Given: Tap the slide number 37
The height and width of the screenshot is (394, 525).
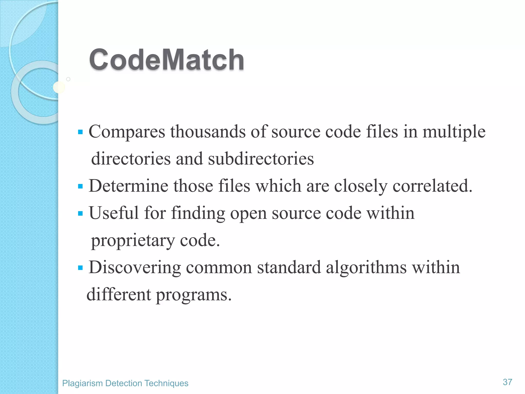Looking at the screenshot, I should [x=507, y=382].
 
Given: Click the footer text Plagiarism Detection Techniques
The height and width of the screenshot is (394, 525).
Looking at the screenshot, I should [x=125, y=383].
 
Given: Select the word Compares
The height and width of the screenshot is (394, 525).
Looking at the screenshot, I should [x=127, y=132].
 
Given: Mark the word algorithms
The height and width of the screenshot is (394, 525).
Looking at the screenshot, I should [x=366, y=268].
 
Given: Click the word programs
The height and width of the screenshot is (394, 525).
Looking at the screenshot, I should [x=194, y=295].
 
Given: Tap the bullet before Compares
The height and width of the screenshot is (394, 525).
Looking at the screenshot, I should [x=80, y=132].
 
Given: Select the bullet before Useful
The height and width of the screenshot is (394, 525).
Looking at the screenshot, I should [x=80, y=213].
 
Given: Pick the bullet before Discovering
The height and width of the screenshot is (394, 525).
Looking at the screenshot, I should [x=80, y=268].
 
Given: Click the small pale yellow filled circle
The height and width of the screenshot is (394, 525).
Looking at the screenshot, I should [x=59, y=87].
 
